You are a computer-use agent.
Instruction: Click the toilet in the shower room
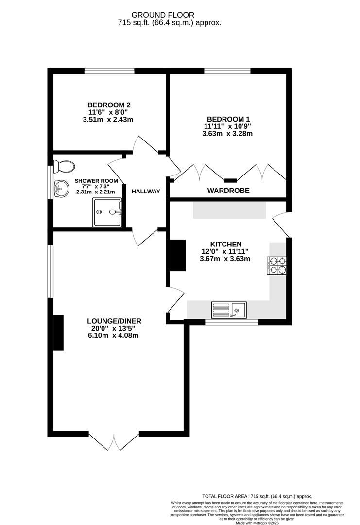(64, 167)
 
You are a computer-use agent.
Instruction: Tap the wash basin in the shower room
(61, 189)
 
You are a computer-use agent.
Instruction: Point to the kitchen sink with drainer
(229, 309)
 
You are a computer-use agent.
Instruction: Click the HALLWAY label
(146, 192)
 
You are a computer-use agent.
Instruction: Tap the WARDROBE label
(228, 191)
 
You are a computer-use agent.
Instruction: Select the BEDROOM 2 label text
(109, 105)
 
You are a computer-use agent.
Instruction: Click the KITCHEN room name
(225, 244)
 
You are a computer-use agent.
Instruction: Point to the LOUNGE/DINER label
(114, 321)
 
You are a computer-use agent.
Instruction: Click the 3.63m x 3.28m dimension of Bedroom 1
(227, 134)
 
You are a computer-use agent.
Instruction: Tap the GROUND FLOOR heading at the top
(170, 15)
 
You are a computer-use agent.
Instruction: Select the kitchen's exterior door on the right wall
(281, 225)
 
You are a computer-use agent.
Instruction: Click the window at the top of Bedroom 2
(109, 71)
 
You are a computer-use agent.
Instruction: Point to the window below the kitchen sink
(231, 322)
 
